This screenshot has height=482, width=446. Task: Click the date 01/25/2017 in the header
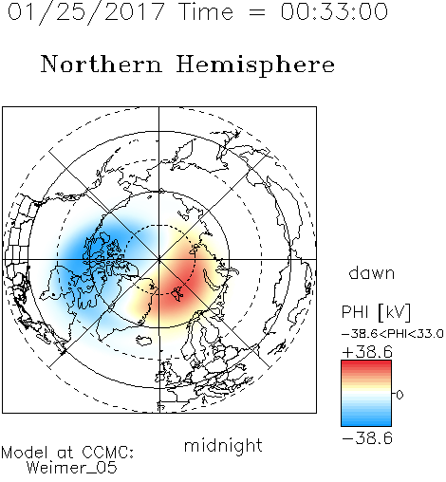pyautogui.click(x=86, y=12)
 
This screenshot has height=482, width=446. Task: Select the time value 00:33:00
pyautogui.click(x=334, y=11)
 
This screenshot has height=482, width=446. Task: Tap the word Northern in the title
pyautogui.click(x=102, y=65)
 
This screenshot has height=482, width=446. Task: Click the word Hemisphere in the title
pyautogui.click(x=255, y=65)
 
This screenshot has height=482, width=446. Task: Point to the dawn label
pyautogui.click(x=372, y=272)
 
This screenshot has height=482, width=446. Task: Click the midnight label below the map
pyautogui.click(x=223, y=446)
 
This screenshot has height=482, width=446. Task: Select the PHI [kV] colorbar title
pyautogui.click(x=376, y=313)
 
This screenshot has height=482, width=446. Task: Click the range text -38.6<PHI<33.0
pyautogui.click(x=393, y=334)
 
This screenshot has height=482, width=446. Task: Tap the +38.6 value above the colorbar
pyautogui.click(x=367, y=352)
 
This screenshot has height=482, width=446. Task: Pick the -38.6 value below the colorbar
pyautogui.click(x=367, y=438)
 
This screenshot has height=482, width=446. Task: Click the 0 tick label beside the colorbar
pyautogui.click(x=400, y=395)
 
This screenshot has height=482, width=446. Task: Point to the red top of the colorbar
pyautogui.click(x=366, y=365)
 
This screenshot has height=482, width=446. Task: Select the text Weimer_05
pyautogui.click(x=71, y=468)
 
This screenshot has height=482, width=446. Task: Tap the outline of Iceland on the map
pyautogui.click(x=144, y=341)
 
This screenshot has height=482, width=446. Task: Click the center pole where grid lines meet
pyautogui.click(x=159, y=259)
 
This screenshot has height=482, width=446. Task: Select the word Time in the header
pyautogui.click(x=206, y=12)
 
